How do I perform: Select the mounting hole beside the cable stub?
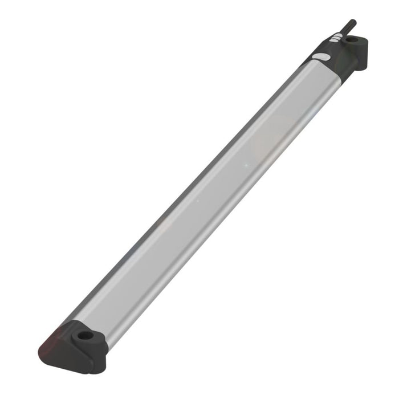tap(352, 41)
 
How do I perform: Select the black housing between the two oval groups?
tap(329, 50)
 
